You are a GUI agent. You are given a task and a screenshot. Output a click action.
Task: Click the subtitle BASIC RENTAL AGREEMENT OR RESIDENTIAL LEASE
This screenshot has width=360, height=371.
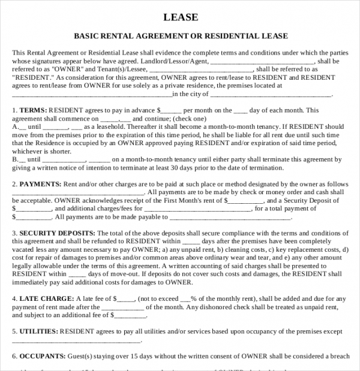[181, 36]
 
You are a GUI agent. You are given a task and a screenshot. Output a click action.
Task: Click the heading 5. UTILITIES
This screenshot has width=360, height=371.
[35, 331]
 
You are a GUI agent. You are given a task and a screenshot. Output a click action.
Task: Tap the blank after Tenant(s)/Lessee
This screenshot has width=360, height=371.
[197, 70]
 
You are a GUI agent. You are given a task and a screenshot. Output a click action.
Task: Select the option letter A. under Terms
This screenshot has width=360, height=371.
[15, 127]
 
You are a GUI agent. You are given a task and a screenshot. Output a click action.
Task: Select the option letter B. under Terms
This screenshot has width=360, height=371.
[15, 159]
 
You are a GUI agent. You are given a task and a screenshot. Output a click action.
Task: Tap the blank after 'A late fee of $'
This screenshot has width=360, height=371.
[127, 298]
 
